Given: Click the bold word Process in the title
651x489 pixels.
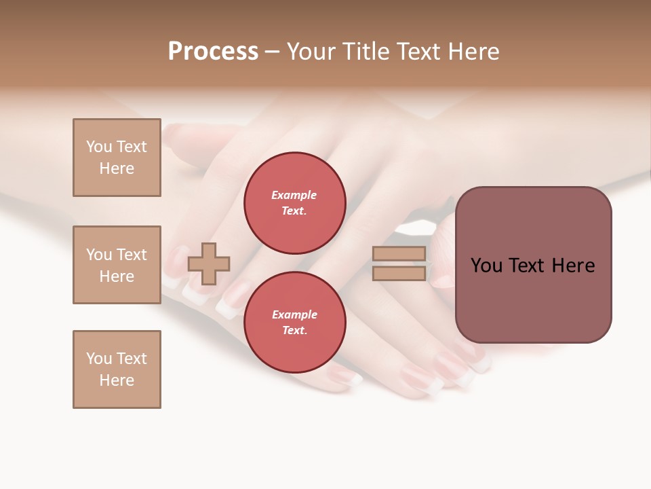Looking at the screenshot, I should [x=213, y=52].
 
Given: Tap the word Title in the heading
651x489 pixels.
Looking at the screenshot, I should [x=365, y=52].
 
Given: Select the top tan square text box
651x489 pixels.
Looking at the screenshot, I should [x=117, y=158].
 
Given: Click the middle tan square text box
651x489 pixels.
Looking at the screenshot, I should [x=117, y=265].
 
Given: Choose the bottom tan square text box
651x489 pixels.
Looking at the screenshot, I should [x=117, y=369].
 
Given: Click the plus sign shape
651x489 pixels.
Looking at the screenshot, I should [x=209, y=264].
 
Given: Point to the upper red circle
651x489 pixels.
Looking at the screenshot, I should [x=294, y=202].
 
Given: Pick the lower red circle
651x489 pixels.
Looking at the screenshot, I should [x=294, y=322].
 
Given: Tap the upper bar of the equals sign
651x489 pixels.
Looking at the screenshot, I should [x=399, y=253].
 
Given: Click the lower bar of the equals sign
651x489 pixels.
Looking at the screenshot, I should [x=399, y=273].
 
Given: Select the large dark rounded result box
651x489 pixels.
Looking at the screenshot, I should [x=533, y=265].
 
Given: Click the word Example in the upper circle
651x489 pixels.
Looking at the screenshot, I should [x=294, y=195].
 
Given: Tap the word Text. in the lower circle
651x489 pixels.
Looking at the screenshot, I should [x=294, y=331].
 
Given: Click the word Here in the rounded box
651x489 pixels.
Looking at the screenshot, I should [x=573, y=266].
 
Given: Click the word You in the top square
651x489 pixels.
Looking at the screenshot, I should [x=99, y=147].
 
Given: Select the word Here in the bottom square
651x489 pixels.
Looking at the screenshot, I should [x=117, y=380].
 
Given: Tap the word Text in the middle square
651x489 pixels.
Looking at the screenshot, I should [x=132, y=255].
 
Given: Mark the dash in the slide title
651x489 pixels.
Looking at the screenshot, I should [x=272, y=52].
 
